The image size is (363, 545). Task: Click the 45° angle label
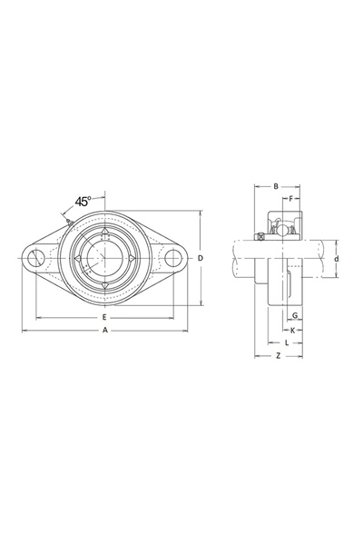(83, 202)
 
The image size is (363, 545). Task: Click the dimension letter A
(105, 331)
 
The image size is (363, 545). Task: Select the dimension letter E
(104, 317)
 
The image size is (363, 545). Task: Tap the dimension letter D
(200, 258)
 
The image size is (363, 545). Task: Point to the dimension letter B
(276, 186)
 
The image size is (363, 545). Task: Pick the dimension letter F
(291, 198)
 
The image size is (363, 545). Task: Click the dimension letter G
(295, 315)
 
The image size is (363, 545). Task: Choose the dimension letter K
(292, 331)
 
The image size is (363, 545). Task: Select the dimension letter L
(287, 343)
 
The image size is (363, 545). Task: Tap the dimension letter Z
(278, 356)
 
